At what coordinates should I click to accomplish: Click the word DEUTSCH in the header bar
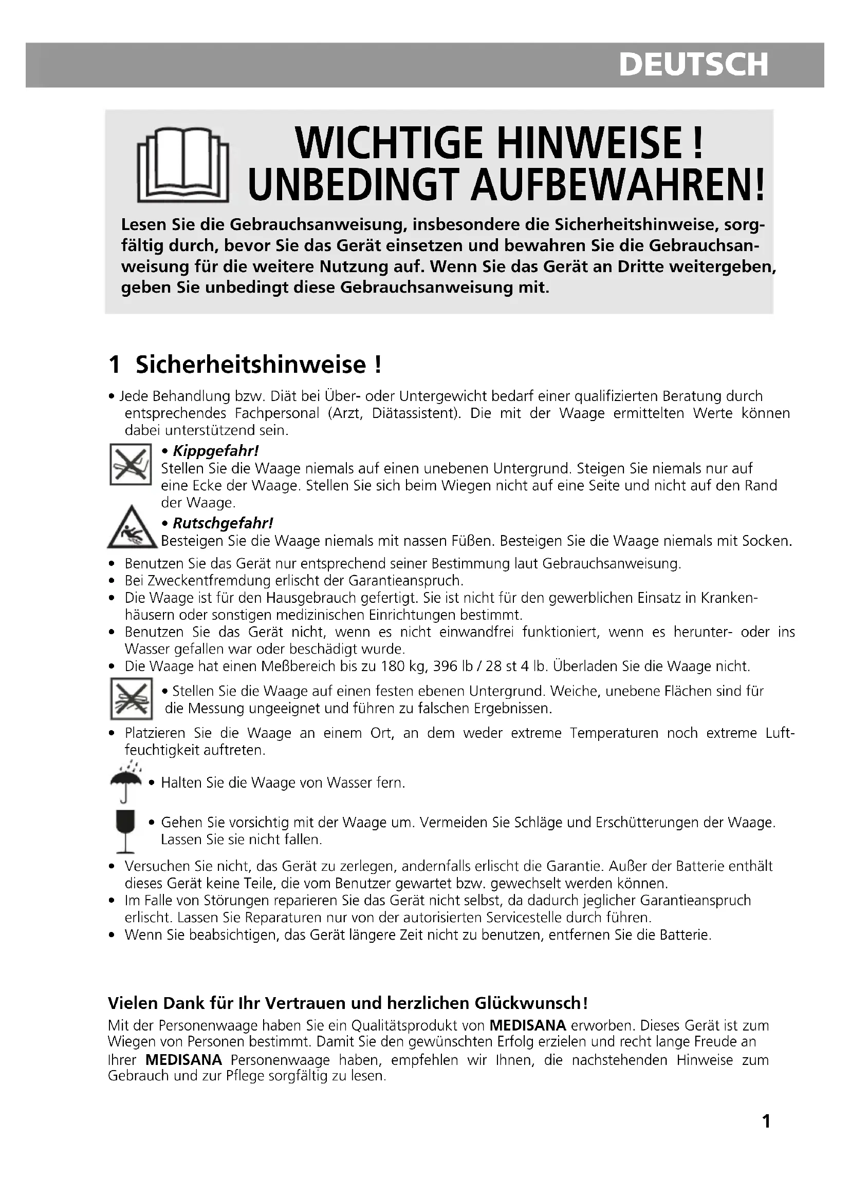point(693,65)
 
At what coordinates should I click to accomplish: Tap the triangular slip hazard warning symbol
point(132,529)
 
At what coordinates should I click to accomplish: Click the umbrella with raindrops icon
point(125,781)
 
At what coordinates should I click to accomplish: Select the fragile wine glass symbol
point(125,830)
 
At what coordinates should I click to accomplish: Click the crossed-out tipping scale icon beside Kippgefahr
point(131,464)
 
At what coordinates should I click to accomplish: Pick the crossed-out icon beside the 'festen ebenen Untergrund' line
point(132,699)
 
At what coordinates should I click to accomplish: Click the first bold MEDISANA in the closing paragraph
point(528,1025)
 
